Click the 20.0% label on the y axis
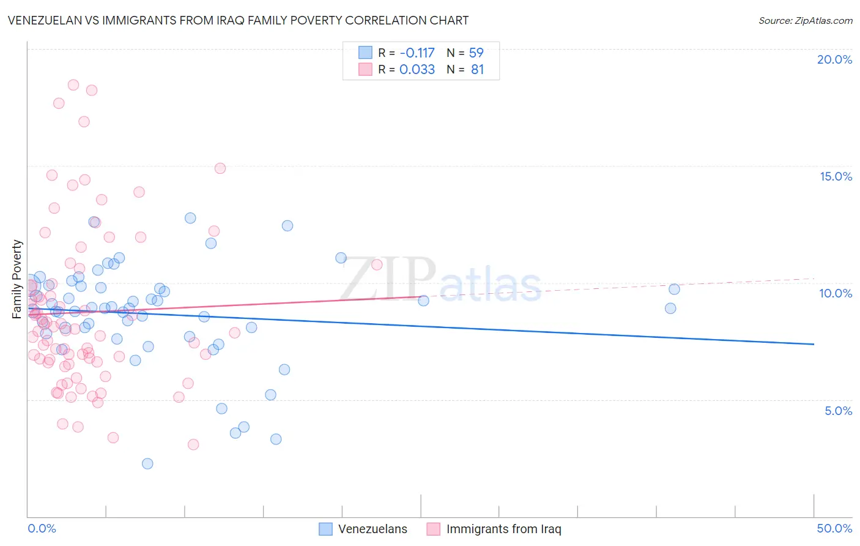pos(834,59)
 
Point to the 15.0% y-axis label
pos(836,176)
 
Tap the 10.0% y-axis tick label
pos(836,293)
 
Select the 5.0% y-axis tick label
pos(838,411)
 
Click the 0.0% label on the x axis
pos(42,528)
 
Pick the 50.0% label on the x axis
pos(834,528)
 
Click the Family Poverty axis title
pos(17,279)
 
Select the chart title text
pos(238,20)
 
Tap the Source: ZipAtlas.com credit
pos(805,20)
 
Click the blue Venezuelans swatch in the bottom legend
pos(326,529)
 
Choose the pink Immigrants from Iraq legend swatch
pos(434,529)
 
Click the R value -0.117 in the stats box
pos(417,53)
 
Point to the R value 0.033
pos(417,69)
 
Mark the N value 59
pos(476,53)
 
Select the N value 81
pos(477,69)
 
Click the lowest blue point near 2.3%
pos(147,463)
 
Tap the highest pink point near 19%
pos(73,85)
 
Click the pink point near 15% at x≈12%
pos(220,168)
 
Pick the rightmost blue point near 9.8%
pos(674,289)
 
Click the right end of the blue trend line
pos(814,344)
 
